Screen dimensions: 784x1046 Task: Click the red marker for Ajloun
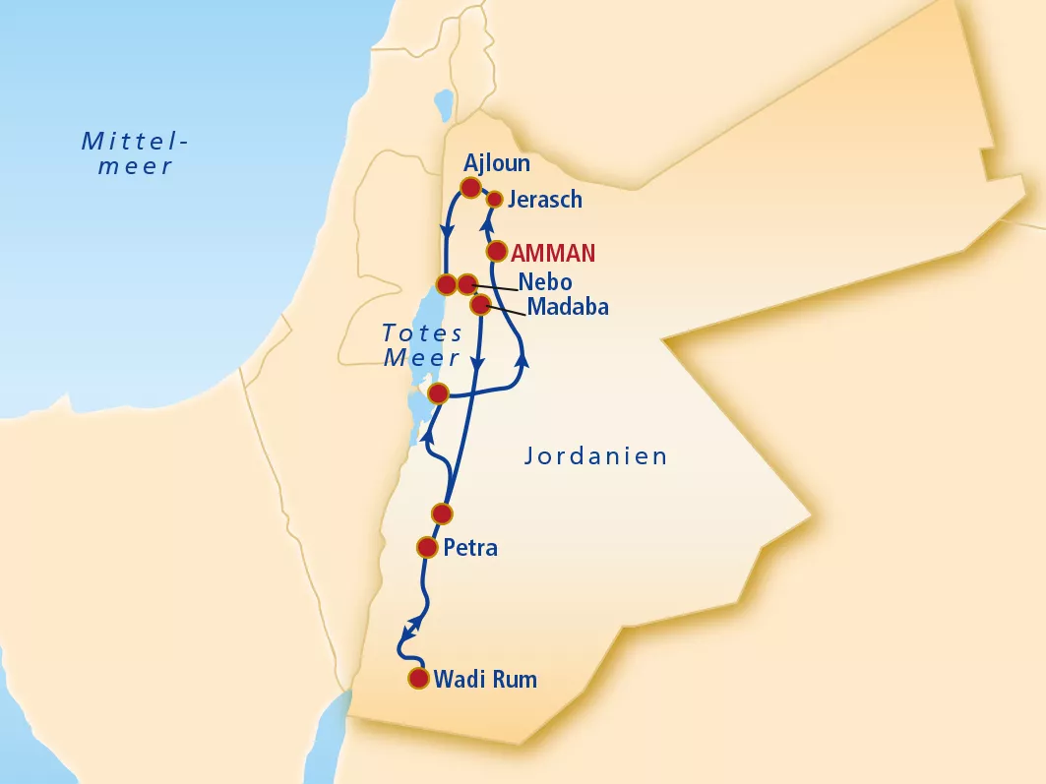click(470, 187)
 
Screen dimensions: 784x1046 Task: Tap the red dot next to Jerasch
click(495, 200)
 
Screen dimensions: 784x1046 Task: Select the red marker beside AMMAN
click(496, 252)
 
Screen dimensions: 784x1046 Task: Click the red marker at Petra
click(427, 547)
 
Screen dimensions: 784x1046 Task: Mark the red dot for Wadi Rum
click(419, 678)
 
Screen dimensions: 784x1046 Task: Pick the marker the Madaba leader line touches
click(479, 305)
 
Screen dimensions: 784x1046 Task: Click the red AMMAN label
click(553, 253)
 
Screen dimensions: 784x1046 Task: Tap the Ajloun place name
click(497, 163)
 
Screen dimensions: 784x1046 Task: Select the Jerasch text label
click(545, 200)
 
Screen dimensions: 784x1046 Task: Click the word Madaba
click(568, 307)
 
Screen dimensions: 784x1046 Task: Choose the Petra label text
click(470, 548)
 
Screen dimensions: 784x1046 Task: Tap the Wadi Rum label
click(485, 679)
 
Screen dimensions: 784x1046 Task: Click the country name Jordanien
click(596, 456)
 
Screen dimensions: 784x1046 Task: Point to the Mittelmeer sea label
click(136, 153)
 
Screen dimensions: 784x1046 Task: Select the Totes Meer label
click(422, 345)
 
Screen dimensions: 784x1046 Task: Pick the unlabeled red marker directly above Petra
click(442, 513)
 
